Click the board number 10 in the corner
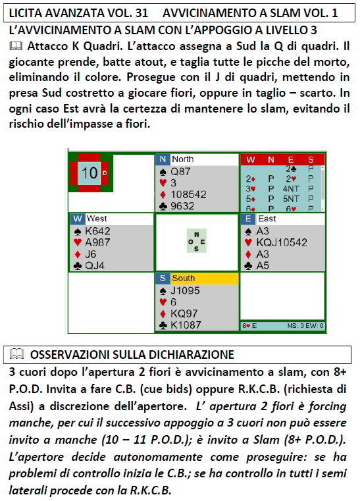(89, 173)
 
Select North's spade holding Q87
(180, 172)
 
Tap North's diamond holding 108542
(188, 194)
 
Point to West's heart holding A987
(97, 242)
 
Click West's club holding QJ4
(95, 265)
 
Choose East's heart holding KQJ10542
(282, 242)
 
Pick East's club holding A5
(262, 265)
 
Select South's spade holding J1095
(185, 290)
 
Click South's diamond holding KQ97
(184, 313)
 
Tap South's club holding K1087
(186, 325)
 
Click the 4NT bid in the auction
(291, 189)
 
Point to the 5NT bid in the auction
(291, 199)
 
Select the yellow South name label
(205, 278)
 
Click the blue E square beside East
(248, 219)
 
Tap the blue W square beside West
(77, 219)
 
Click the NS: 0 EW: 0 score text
(305, 326)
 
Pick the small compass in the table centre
(196, 240)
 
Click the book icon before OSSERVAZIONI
(17, 354)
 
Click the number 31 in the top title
(141, 13)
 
